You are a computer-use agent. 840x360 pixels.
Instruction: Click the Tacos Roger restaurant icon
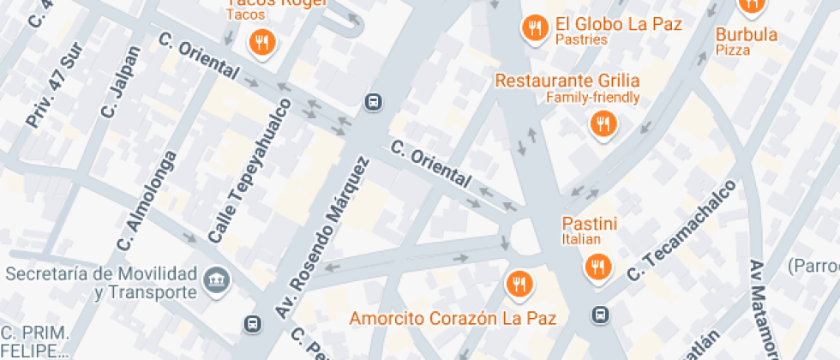tap(261, 40)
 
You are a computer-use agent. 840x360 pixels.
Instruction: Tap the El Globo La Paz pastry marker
tap(535, 28)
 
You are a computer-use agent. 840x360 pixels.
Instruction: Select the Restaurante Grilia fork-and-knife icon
tap(603, 124)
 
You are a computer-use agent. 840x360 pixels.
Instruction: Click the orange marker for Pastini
tap(597, 267)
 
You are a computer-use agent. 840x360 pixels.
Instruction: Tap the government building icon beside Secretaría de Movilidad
tap(214, 278)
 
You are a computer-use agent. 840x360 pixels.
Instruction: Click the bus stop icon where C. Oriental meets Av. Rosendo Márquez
tap(373, 102)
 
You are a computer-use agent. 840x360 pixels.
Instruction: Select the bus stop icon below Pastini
tap(603, 315)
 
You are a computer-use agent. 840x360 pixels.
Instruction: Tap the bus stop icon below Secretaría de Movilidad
tap(252, 324)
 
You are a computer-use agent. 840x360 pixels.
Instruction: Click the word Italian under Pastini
tap(581, 239)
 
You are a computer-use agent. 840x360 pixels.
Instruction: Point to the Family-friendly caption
tap(593, 97)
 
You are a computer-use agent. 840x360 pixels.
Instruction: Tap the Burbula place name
tap(747, 35)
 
